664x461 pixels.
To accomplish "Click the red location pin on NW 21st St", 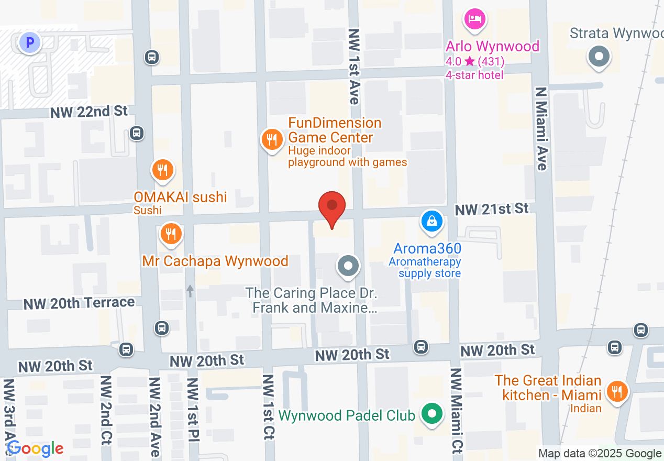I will click(332, 206).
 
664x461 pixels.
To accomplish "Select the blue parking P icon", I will click(30, 42).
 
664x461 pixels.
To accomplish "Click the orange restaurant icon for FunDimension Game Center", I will click(272, 139).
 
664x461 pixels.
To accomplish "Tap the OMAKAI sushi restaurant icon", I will click(163, 170).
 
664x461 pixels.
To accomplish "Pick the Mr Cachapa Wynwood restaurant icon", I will click(170, 234).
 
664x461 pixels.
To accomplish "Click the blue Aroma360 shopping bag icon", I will click(431, 221).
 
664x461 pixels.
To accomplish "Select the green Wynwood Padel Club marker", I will click(431, 414).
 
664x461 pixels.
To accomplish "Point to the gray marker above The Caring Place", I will click(348, 266).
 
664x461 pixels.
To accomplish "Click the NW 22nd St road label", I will click(90, 112).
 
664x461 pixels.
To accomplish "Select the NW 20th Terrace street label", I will click(79, 303).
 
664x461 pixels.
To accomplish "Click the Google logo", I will click(35, 448).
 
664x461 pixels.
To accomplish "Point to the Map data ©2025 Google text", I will click(600, 454).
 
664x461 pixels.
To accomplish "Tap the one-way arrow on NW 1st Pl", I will click(190, 291).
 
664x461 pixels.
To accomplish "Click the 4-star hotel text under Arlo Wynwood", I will click(474, 75).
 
